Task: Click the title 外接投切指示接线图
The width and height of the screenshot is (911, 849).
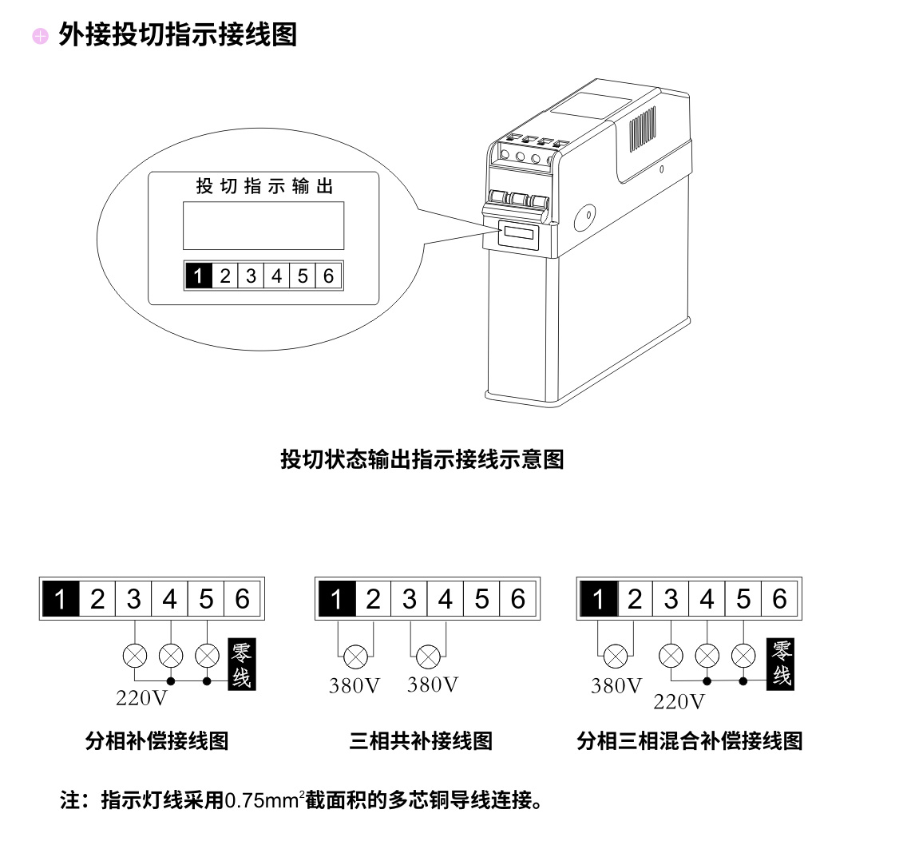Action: pos(177,35)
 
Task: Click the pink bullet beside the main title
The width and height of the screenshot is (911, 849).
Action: pos(40,36)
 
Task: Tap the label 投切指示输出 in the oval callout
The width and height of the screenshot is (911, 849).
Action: pos(264,186)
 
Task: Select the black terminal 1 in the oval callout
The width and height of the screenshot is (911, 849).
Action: pos(198,276)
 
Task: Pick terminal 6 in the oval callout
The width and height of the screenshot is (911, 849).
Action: pos(329,276)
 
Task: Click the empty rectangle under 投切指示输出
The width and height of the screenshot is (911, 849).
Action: pos(263,225)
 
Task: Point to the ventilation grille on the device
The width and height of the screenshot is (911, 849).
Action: pos(644,127)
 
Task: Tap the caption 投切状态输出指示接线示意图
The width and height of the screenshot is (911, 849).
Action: pos(422,459)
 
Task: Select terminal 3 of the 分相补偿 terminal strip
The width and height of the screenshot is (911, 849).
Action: pos(133,598)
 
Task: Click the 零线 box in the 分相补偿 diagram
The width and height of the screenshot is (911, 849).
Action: pos(242,665)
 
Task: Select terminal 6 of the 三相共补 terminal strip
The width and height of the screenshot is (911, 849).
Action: pos(518,598)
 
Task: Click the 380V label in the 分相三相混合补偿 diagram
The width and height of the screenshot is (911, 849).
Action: pos(616,686)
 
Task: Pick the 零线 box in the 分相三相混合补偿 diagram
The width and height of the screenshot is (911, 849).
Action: pos(782,664)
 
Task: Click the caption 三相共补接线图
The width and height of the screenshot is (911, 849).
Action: pos(421,741)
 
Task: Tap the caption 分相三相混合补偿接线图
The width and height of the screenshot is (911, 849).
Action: pos(689,741)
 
